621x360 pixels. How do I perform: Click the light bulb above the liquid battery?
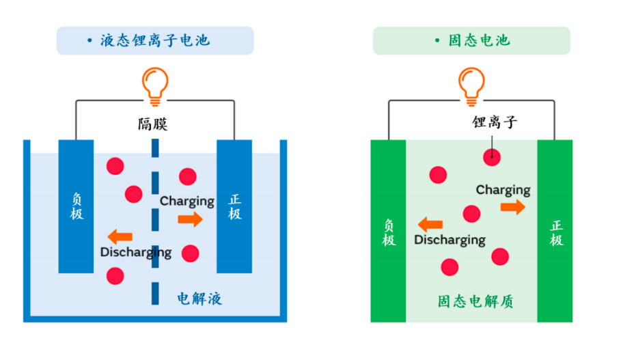(x=155, y=86)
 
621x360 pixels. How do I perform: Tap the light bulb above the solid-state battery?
(x=471, y=86)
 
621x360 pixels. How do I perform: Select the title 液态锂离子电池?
(x=155, y=40)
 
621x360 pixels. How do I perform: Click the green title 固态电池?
(x=479, y=40)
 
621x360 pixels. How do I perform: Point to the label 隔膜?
(x=153, y=124)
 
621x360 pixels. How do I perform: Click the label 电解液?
(x=199, y=299)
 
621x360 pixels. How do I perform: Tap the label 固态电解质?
(x=475, y=301)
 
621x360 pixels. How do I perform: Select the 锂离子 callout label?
(x=495, y=122)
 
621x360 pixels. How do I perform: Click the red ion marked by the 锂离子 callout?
(x=492, y=157)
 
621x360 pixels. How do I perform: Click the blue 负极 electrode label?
(x=77, y=206)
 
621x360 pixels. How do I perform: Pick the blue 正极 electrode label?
(x=234, y=206)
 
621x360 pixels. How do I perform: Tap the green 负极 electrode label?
(x=389, y=232)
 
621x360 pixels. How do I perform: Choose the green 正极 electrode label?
(x=556, y=233)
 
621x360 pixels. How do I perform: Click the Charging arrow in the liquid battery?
(x=190, y=219)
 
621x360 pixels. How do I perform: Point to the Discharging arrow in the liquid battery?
(x=120, y=237)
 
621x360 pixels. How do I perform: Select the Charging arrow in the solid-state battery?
(x=513, y=207)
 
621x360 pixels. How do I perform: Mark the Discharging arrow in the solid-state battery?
(x=430, y=225)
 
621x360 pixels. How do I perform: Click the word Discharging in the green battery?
(x=450, y=240)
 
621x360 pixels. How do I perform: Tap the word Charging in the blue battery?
(x=187, y=202)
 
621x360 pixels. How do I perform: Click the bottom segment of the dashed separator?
(x=155, y=294)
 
